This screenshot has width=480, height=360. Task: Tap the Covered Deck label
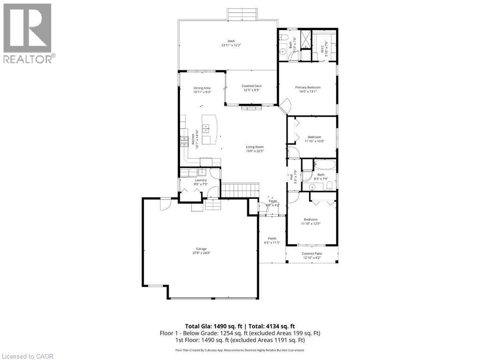pyautogui.click(x=252, y=86)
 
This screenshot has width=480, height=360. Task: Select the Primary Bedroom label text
pyautogui.click(x=307, y=88)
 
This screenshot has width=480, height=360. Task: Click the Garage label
pyautogui.click(x=201, y=249)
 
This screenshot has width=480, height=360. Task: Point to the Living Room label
pyautogui.click(x=255, y=147)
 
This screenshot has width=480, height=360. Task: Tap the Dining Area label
pyautogui.click(x=202, y=88)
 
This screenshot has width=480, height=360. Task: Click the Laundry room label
pyautogui.click(x=201, y=180)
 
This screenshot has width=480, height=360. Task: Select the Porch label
pyautogui.click(x=272, y=238)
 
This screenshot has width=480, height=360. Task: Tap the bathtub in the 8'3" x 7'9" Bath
pyautogui.click(x=324, y=165)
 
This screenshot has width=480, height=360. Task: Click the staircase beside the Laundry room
pyautogui.click(x=240, y=190)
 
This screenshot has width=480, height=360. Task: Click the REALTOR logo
pyautogui.click(x=28, y=33)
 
